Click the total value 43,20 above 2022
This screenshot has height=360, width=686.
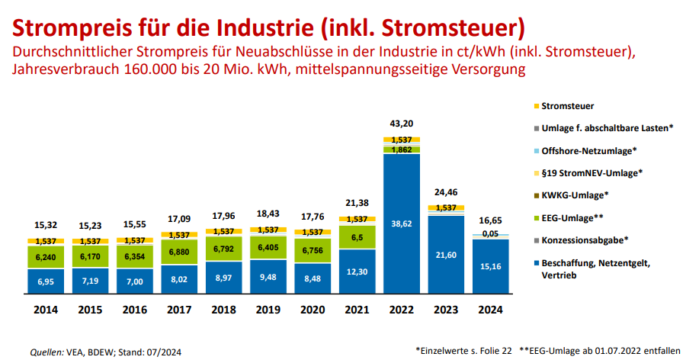tap(402, 123)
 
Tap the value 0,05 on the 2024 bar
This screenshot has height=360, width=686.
tap(490, 233)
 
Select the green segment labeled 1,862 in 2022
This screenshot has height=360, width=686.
tap(402, 150)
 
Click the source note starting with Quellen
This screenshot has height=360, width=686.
tap(106, 352)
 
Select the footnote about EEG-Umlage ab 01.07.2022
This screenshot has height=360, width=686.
tap(599, 349)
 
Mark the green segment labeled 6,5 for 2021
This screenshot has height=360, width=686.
tap(358, 237)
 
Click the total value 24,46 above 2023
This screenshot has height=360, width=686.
tap(446, 192)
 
